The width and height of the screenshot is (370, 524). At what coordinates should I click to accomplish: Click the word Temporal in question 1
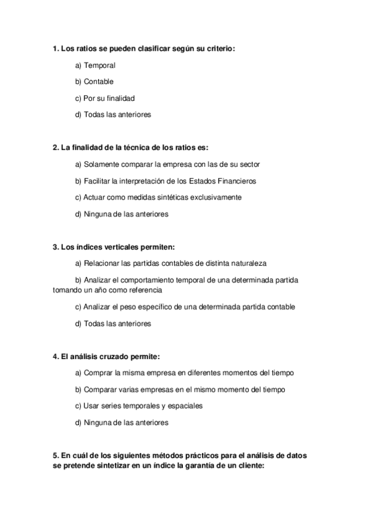(99, 65)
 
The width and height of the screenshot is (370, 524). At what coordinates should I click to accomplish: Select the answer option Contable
(99, 81)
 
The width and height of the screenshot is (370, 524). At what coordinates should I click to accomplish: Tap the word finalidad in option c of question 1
(120, 98)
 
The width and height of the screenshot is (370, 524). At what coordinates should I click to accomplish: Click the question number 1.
(56, 48)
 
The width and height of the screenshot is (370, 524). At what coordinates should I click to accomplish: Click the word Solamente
(103, 164)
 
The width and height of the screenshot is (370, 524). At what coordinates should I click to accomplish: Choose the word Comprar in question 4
(98, 373)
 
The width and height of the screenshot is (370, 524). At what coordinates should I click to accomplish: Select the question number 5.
(56, 455)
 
